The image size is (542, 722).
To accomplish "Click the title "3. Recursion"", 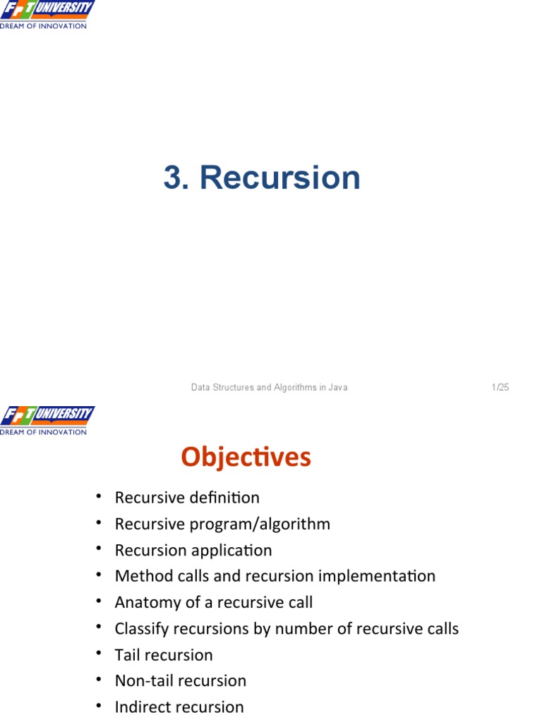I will click(x=262, y=178).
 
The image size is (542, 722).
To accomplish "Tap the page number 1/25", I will click(x=500, y=387).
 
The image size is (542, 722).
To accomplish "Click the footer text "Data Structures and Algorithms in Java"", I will click(x=270, y=387).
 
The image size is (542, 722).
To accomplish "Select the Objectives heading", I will click(x=246, y=458).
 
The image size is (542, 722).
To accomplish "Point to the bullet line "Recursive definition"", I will click(x=187, y=498).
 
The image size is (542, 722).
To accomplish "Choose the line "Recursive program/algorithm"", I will click(x=222, y=524).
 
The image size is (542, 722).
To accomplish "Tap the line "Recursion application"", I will click(x=193, y=550).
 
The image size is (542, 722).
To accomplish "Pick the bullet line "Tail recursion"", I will click(x=164, y=654).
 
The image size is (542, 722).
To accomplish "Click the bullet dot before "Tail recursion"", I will click(x=100, y=654).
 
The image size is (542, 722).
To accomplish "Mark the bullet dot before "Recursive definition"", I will click(x=100, y=497).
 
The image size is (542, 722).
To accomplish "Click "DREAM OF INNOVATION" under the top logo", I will click(x=44, y=26).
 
